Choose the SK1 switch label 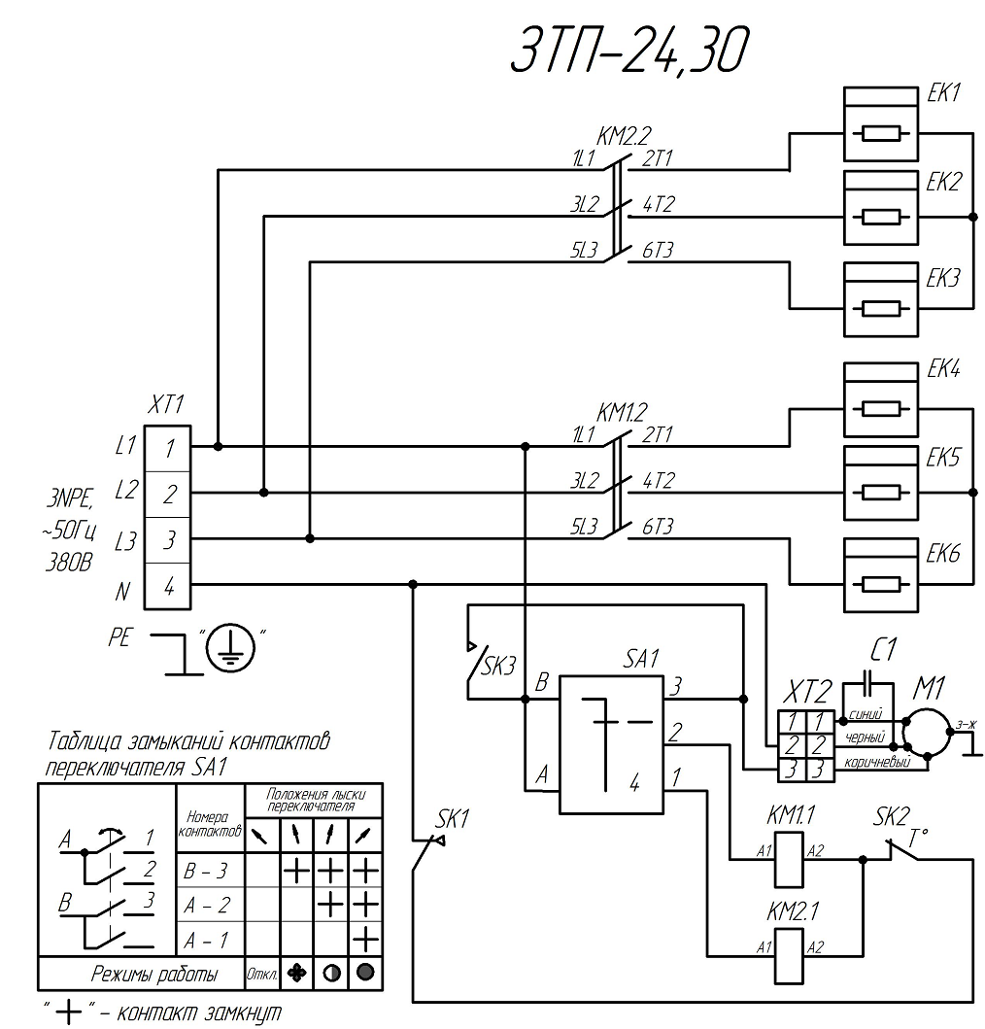[x=452, y=818]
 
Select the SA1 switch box [x=609, y=743]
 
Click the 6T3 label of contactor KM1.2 [x=658, y=526]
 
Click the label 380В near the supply [x=67, y=564]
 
